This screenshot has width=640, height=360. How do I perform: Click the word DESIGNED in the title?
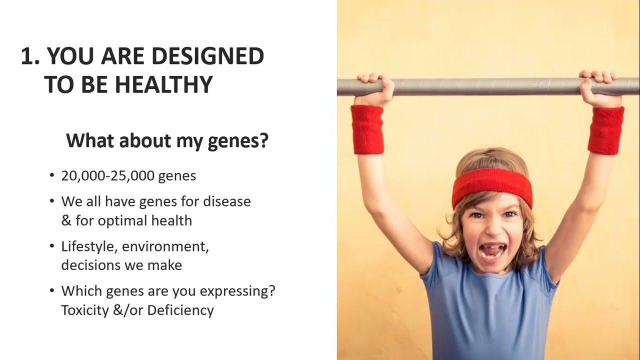pos(208,55)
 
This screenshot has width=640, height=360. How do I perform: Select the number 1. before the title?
pos(30,55)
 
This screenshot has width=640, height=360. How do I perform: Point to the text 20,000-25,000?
pos(108,175)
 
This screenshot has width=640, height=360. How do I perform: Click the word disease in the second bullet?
pos(227,201)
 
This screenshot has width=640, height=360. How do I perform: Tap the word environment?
pos(165,246)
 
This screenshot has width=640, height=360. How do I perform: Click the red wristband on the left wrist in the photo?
pos(367,129)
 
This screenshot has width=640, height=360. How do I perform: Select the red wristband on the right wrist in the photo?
pos(605,130)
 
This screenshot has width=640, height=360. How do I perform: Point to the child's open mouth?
pos(492,251)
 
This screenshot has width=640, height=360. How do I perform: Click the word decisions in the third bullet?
pos(91,265)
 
